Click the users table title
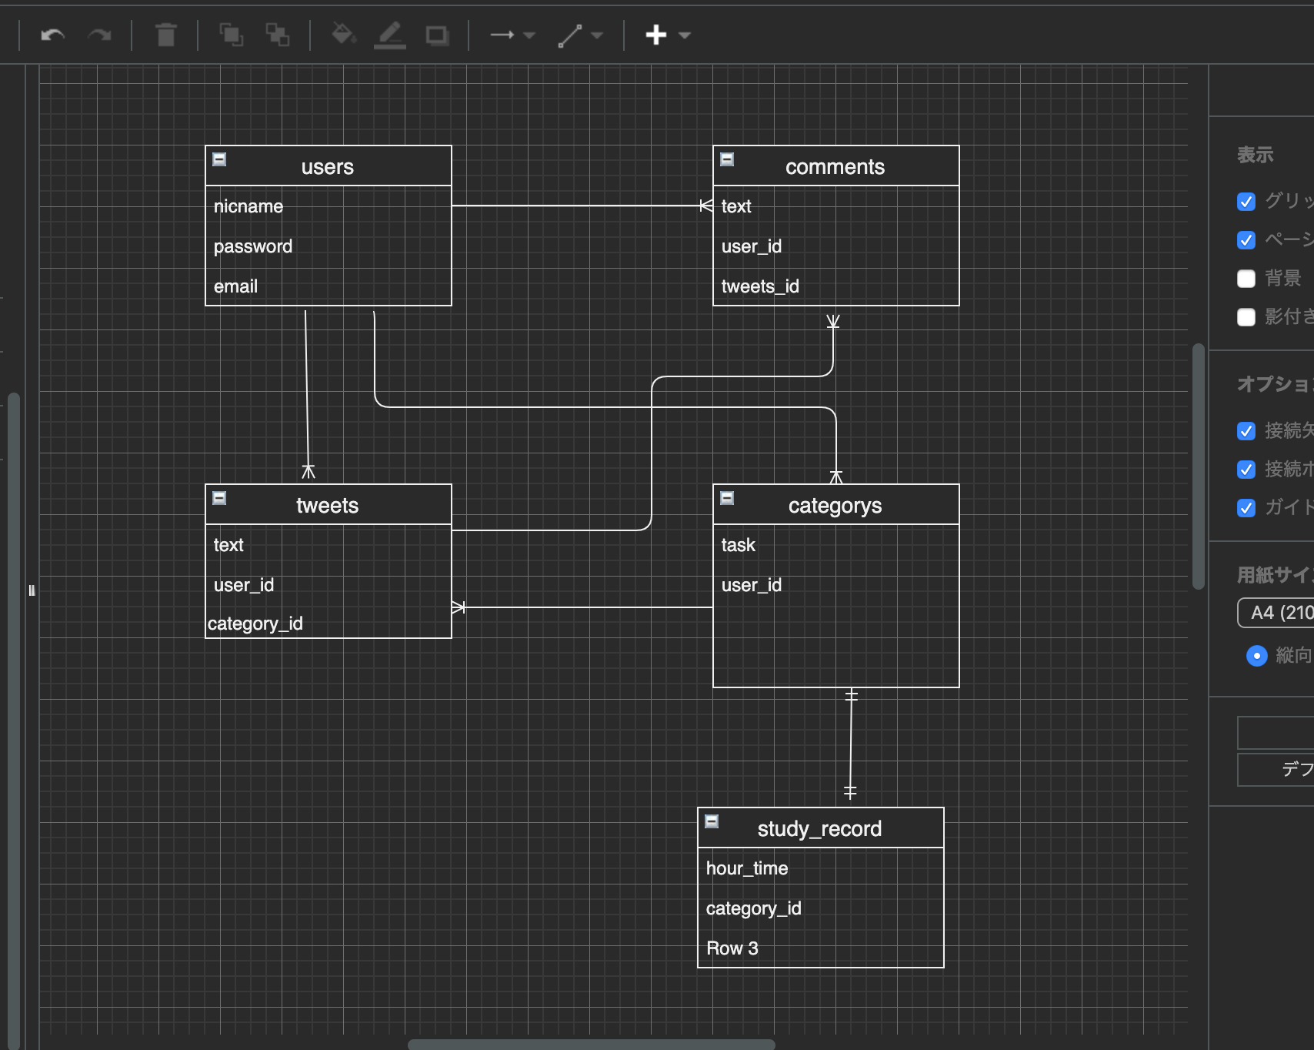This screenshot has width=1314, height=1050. pos(328,167)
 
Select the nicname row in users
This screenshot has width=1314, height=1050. pos(248,206)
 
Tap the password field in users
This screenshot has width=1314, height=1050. pos(253,246)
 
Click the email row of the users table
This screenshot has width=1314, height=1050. pos(235,286)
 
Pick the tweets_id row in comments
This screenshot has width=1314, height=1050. pos(760,286)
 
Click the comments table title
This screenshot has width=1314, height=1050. pos(835,167)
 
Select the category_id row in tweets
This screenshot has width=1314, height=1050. pos(255,624)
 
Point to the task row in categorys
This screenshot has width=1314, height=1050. pos(739,545)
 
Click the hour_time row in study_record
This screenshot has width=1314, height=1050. pos(747,868)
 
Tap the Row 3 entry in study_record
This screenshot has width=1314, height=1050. pos(732,948)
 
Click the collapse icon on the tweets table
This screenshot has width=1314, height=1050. pos(219,498)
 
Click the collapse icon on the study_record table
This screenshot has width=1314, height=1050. pos(712,821)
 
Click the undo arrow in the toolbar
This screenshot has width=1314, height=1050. pos(52,35)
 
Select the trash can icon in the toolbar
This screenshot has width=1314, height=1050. pos(165,35)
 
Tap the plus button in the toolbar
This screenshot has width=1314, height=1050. pos(656,35)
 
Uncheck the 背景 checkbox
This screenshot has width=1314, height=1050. pos(1246,279)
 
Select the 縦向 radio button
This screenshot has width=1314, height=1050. pos(1256,656)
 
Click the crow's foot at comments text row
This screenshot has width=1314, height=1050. pos(705,206)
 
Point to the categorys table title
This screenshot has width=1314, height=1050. pos(835,506)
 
